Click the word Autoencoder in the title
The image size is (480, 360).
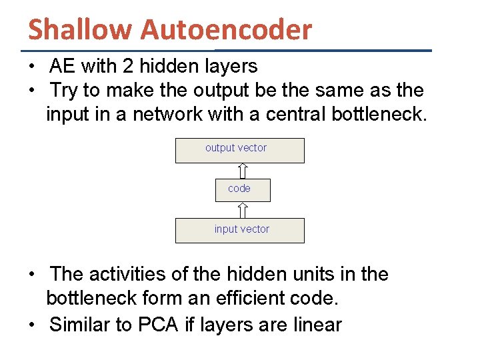[226, 29]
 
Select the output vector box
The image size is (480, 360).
[239, 151]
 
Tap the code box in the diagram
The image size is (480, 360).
[243, 190]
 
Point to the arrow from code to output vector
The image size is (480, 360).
[243, 171]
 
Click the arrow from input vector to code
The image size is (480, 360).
[243, 210]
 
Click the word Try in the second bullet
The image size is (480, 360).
[63, 90]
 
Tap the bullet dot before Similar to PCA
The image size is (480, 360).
[32, 325]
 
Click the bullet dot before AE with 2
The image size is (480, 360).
[32, 67]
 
